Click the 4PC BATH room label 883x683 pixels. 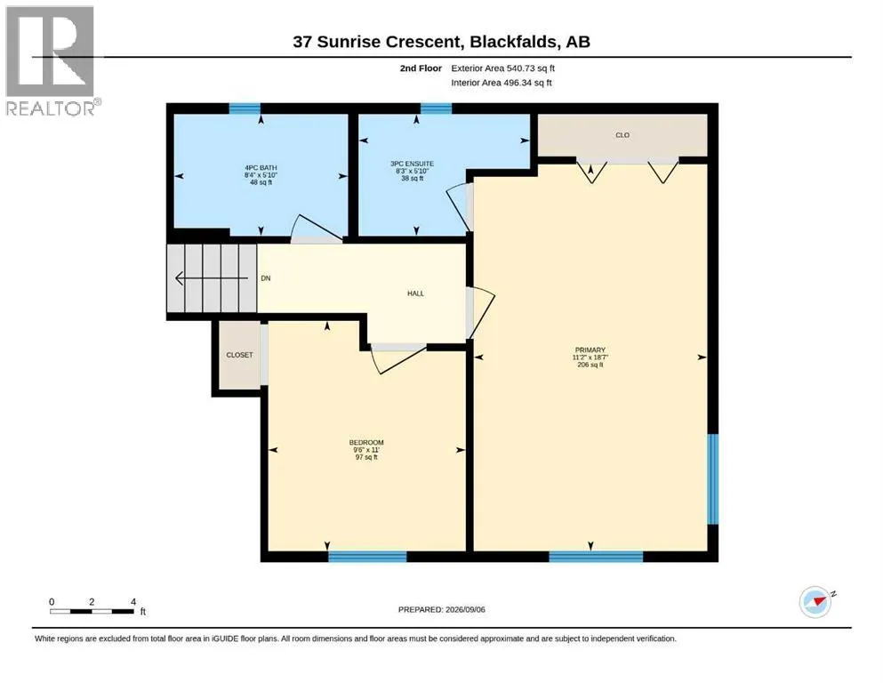(x=261, y=168)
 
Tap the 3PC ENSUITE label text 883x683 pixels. (x=413, y=164)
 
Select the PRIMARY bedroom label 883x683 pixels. (x=590, y=350)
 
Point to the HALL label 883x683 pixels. (x=415, y=293)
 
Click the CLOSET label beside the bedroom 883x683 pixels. (x=239, y=355)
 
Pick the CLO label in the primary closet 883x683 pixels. (x=622, y=135)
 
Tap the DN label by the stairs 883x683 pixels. (x=266, y=278)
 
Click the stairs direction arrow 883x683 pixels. (x=211, y=278)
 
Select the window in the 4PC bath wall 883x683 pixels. (x=245, y=108)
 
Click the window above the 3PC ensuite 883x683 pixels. (x=436, y=108)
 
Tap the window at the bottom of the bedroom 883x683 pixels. (x=367, y=557)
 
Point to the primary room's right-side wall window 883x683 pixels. (x=713, y=479)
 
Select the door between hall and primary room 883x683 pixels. (x=480, y=314)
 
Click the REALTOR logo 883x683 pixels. (x=52, y=60)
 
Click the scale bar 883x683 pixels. (x=92, y=611)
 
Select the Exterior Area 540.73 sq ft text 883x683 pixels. (x=503, y=68)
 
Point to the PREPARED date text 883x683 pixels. (x=441, y=609)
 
